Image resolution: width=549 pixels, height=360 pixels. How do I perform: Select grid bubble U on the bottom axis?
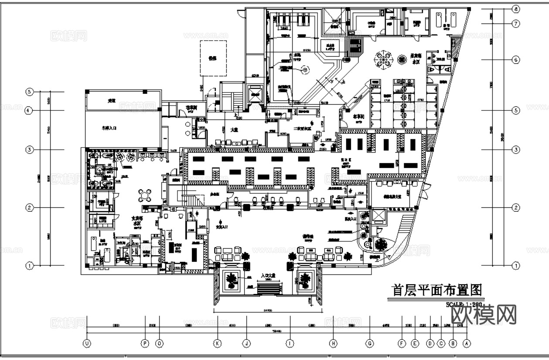click(x=87, y=343)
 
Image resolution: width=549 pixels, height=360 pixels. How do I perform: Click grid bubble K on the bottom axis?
click(x=218, y=343)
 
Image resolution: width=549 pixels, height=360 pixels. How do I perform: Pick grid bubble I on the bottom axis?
click(x=290, y=343)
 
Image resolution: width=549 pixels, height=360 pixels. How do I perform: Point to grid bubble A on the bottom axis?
click(x=467, y=343)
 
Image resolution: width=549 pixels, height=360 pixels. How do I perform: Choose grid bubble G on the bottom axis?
click(x=370, y=343)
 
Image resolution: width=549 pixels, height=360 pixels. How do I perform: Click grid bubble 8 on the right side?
click(x=516, y=9)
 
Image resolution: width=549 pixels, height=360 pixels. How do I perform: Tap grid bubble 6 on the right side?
click(x=516, y=60)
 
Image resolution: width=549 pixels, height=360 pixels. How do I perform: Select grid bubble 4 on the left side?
click(x=29, y=111)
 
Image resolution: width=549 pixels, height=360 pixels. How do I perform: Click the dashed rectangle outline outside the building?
click(x=213, y=58)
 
